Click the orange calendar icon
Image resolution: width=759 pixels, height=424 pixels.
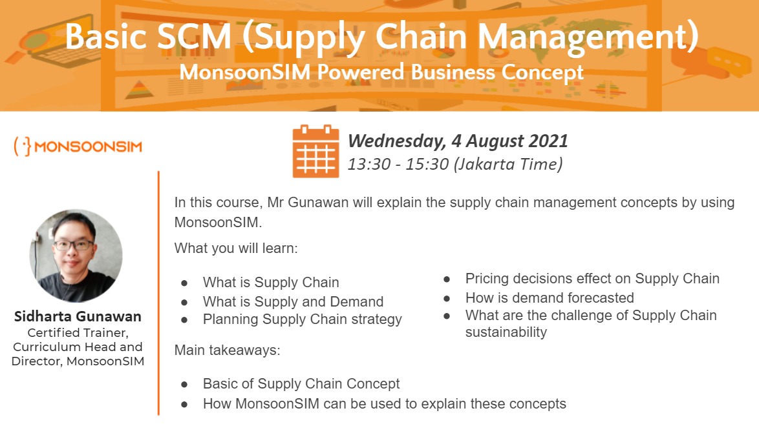click(x=315, y=151)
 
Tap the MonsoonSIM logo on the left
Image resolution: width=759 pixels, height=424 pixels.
click(x=78, y=146)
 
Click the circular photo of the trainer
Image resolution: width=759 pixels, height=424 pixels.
click(x=76, y=256)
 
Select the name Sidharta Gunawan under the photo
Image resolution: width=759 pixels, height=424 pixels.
click(x=78, y=317)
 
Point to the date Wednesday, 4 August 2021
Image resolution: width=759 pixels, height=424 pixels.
click(x=458, y=141)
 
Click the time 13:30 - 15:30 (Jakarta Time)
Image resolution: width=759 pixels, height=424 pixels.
click(x=455, y=165)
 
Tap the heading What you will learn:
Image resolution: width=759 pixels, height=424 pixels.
click(x=236, y=248)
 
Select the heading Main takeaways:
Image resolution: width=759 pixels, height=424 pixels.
click(x=228, y=350)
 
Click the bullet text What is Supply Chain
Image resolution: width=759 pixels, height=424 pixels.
click(x=271, y=283)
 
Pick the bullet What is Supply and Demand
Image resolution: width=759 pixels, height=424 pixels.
click(x=294, y=301)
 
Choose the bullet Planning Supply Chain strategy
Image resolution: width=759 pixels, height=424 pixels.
click(x=303, y=319)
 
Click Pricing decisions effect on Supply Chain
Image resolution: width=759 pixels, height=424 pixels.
click(x=592, y=279)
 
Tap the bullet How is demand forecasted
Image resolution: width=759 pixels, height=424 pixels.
click(x=550, y=298)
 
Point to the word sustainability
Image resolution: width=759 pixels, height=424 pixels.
click(x=506, y=332)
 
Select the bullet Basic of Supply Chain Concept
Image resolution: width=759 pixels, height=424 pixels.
click(x=301, y=384)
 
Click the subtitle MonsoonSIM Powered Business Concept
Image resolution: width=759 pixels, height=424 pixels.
click(x=381, y=72)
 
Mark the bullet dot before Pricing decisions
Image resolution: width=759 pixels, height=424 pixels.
click(x=447, y=279)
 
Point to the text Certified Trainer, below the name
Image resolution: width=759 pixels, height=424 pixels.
click(x=78, y=333)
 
